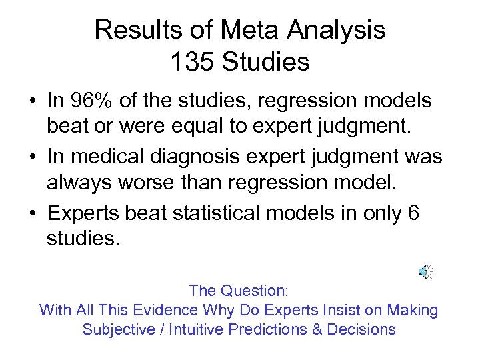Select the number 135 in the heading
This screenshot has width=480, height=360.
[192, 62]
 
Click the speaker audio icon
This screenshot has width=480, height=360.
[425, 271]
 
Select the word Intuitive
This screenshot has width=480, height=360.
[196, 329]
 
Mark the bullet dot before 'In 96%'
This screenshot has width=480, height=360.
[32, 102]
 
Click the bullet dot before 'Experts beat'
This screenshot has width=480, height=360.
[32, 214]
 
